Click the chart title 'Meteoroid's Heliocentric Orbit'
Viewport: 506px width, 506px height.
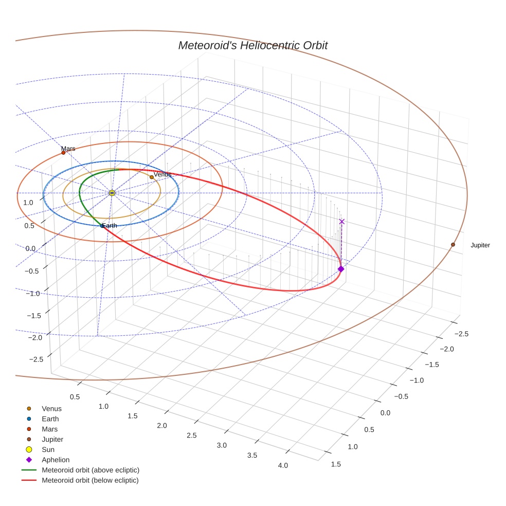[252, 46]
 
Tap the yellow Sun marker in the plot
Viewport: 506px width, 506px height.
[112, 193]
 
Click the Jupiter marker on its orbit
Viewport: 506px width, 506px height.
[453, 245]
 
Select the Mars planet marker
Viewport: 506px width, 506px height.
[63, 153]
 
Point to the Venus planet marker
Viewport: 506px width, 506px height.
[152, 177]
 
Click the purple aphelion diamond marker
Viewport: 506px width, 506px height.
[340, 269]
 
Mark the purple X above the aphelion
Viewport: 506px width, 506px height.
[342, 222]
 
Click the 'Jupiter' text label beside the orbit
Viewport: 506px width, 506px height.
[480, 245]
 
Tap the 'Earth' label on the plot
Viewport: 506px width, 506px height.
[110, 226]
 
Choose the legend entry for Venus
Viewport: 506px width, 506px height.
[51, 409]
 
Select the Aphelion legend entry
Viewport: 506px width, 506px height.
[56, 460]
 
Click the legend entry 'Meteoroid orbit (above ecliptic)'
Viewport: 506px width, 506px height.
[91, 470]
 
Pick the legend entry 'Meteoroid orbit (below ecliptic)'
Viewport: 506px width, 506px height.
[90, 480]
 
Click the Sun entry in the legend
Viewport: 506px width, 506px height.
[48, 449]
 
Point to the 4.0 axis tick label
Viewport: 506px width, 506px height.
[283, 465]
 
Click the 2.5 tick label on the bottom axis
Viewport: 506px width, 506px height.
[191, 436]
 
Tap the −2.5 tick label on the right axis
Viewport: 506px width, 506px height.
[461, 334]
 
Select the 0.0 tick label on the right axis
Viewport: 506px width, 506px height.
[385, 413]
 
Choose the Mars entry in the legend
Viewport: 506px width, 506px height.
[49, 429]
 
